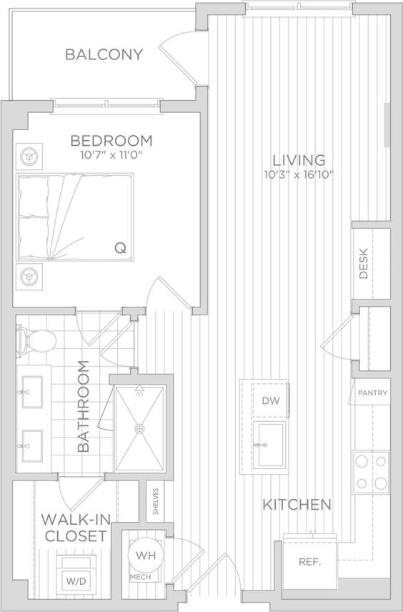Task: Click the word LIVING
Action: [x=297, y=160]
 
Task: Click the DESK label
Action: [x=364, y=263]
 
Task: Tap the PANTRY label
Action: [x=373, y=393]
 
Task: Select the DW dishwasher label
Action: [x=270, y=400]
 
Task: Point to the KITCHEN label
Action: [x=297, y=505]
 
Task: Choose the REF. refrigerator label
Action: [x=310, y=561]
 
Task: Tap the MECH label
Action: [x=140, y=576]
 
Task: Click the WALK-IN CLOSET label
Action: [x=74, y=527]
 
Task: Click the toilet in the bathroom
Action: [x=39, y=340]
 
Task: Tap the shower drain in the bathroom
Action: [x=139, y=428]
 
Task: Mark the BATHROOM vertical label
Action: [x=83, y=406]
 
